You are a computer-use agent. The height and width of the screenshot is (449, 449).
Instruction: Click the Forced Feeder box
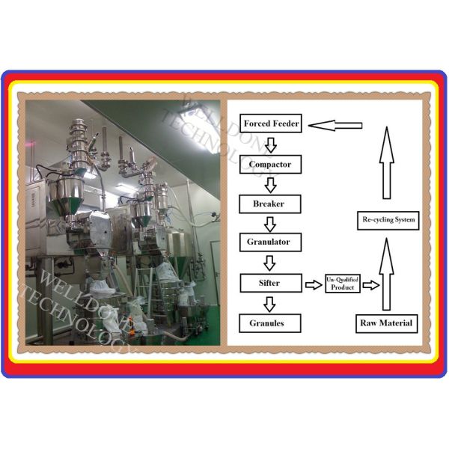[271, 123]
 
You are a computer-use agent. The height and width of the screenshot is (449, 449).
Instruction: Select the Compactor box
[270, 165]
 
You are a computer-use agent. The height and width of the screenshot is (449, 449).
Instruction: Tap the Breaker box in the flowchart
[270, 204]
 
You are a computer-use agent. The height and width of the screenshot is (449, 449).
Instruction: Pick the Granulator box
[270, 242]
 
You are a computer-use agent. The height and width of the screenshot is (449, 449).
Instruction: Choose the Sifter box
[271, 283]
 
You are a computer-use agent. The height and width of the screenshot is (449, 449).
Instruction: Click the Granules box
[270, 323]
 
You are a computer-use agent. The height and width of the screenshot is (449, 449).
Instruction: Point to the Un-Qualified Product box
[343, 284]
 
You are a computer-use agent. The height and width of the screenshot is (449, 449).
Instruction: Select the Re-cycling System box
[388, 221]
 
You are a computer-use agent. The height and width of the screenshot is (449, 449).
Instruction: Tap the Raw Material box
[387, 323]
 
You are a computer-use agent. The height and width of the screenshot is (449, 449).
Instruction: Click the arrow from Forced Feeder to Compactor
[271, 145]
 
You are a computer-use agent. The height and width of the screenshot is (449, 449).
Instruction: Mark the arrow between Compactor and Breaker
[271, 185]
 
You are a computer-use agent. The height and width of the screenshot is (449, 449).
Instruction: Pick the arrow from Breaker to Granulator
[270, 224]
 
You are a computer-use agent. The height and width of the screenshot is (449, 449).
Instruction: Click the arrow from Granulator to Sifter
[269, 263]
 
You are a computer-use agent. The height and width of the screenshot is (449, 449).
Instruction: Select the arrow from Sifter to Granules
[269, 304]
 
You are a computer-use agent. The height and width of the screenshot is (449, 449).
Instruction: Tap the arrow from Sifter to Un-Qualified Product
[314, 285]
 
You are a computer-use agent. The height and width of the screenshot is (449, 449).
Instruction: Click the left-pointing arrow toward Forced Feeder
[335, 126]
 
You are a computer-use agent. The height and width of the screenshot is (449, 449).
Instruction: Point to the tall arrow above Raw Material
[386, 275]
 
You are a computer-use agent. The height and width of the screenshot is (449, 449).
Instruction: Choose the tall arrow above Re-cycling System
[387, 162]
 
